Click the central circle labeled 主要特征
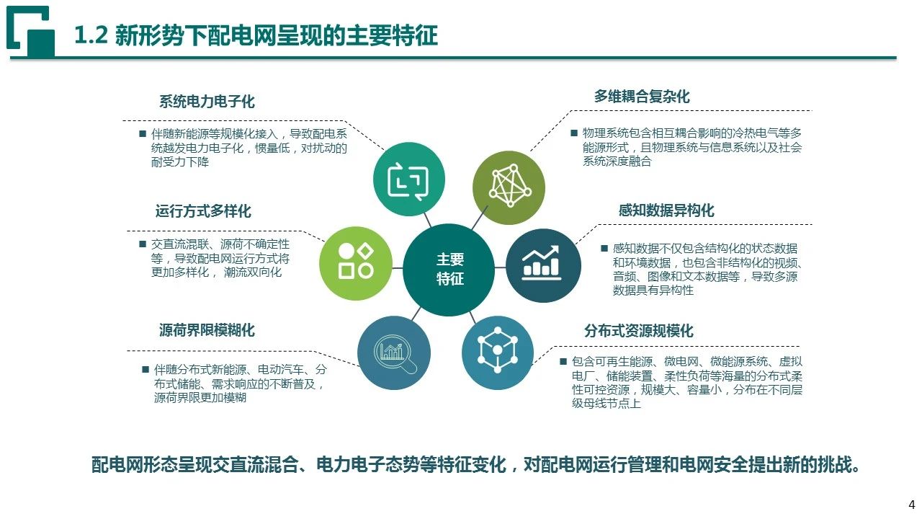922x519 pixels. pyautogui.click(x=449, y=270)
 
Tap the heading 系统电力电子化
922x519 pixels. pyautogui.click(x=207, y=102)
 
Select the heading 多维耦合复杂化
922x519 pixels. pyautogui.click(x=642, y=97)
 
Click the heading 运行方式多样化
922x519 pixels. pyautogui.click(x=203, y=211)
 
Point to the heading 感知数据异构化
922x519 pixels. pyautogui.click(x=666, y=210)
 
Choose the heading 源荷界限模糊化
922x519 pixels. pyautogui.click(x=207, y=330)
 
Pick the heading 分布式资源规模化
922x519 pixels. pyautogui.click(x=639, y=330)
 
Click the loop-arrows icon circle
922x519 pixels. pyautogui.click(x=408, y=179)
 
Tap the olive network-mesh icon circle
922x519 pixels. pyautogui.click(x=509, y=188)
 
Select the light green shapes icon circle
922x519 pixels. pyautogui.click(x=356, y=263)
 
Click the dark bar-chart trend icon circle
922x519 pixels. pyautogui.click(x=543, y=266)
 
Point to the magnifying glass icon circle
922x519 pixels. pyautogui.click(x=394, y=353)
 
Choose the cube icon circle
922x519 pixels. pyautogui.click(x=498, y=353)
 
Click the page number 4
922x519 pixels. pyautogui.click(x=912, y=505)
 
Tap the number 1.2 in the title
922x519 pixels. pyautogui.click(x=91, y=35)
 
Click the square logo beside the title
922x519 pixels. pyautogui.click(x=31, y=30)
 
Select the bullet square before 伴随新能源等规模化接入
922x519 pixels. pyautogui.click(x=143, y=133)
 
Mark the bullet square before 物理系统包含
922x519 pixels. pyautogui.click(x=574, y=133)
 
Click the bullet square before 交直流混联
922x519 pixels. pyautogui.click(x=143, y=244)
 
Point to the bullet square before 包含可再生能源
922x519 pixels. pyautogui.click(x=563, y=361)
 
